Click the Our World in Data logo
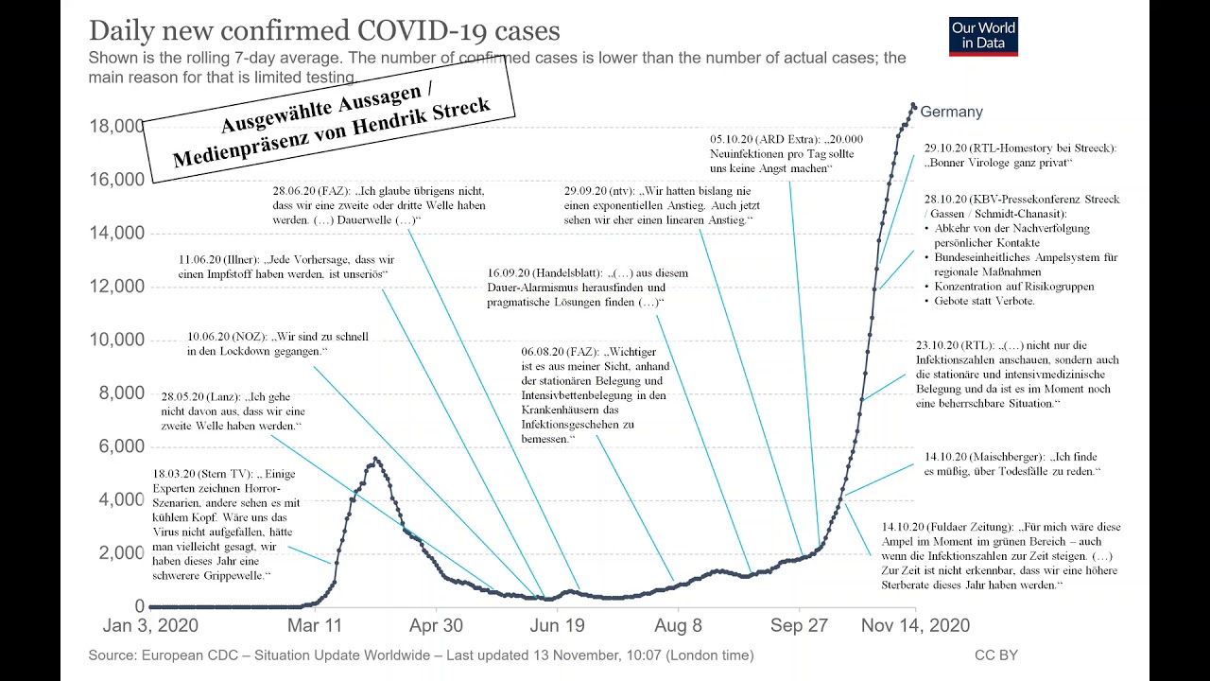click(983, 37)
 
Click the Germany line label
click(951, 112)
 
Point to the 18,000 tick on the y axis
click(116, 126)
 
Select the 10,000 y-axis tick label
click(116, 340)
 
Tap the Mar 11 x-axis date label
click(315, 625)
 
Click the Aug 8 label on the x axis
click(678, 625)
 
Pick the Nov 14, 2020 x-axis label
click(915, 625)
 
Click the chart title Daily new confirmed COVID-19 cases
click(324, 30)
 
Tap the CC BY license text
click(996, 655)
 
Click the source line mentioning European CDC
click(421, 655)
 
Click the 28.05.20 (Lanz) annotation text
click(233, 411)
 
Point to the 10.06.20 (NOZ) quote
click(277, 343)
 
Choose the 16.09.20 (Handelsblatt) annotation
click(587, 288)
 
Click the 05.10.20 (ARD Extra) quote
click(786, 153)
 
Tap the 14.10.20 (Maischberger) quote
click(1011, 463)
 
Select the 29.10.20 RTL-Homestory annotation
click(1020, 155)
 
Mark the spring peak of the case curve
click(375, 460)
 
